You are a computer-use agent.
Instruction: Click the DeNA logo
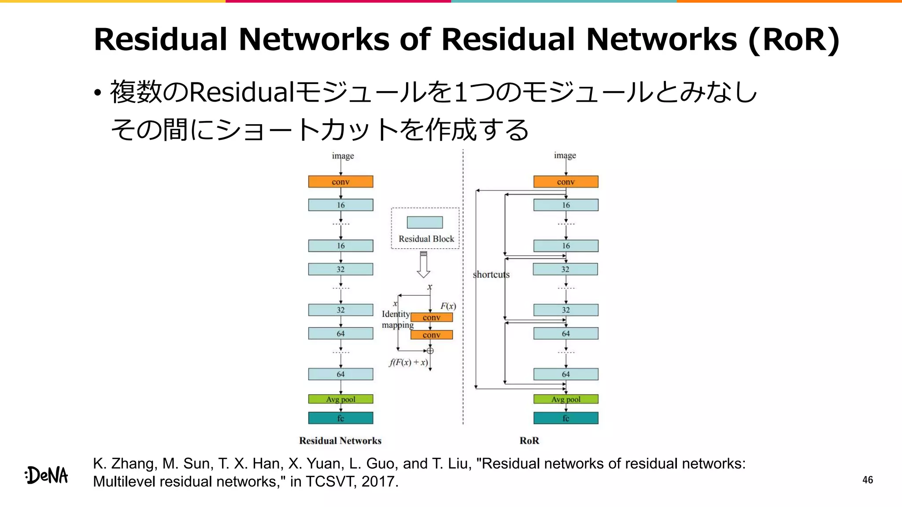tap(47, 475)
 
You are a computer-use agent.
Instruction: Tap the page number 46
tap(867, 480)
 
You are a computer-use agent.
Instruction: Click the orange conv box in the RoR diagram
tap(566, 182)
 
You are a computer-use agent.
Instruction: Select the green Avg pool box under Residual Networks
tap(340, 399)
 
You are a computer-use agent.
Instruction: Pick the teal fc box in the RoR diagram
tap(566, 418)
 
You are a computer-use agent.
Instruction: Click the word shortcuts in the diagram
tap(491, 275)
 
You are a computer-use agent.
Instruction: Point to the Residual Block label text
tap(426, 239)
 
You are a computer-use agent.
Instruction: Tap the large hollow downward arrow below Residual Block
tap(423, 265)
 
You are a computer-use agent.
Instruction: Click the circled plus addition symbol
tap(430, 351)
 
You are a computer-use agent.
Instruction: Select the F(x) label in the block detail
tap(448, 306)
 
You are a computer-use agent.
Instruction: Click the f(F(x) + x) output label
tap(408, 363)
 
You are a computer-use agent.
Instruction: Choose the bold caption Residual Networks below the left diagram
tap(340, 441)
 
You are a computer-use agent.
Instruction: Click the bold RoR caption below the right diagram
tap(529, 441)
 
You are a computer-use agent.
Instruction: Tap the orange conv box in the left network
tap(340, 182)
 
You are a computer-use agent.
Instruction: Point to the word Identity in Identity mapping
tap(396, 314)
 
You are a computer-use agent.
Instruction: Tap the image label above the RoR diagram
tap(565, 155)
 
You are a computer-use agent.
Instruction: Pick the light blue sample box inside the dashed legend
tap(425, 222)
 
